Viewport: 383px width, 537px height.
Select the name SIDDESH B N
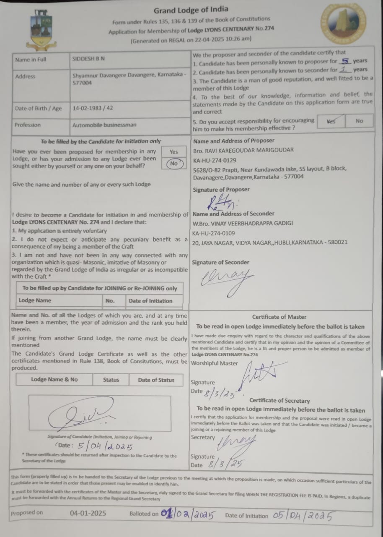(88, 60)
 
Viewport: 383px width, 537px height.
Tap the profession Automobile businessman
(104, 125)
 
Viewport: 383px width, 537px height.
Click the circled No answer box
(173, 164)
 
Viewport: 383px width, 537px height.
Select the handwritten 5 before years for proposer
(345, 60)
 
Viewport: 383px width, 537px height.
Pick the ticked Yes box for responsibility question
(331, 121)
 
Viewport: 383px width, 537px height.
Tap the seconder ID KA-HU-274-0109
(214, 233)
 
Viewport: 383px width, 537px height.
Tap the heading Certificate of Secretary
(279, 401)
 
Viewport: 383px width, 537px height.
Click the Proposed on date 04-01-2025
(88, 513)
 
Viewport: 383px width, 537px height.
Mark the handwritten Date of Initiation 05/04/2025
(303, 516)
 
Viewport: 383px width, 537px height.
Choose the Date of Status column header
(156, 380)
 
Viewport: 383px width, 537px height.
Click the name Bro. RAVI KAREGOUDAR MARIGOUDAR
(243, 150)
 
